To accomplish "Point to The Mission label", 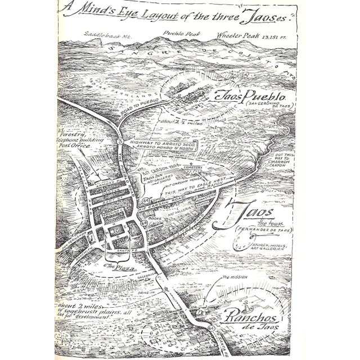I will [x=232, y=277].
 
